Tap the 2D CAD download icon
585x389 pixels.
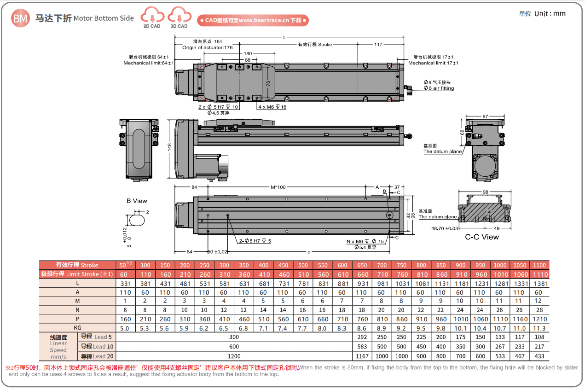(x=152, y=17)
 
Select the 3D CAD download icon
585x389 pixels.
(x=179, y=17)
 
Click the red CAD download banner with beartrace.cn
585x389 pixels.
(x=253, y=20)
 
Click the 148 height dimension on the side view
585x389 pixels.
(x=169, y=147)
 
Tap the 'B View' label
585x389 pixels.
(x=137, y=201)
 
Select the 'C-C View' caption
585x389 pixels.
(x=482, y=237)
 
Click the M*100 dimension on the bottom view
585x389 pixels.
(x=278, y=187)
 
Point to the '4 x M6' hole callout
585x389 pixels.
(x=272, y=107)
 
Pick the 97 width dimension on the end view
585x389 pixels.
(x=485, y=117)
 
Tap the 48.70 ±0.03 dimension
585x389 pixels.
(x=445, y=228)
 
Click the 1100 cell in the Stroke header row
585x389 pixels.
(x=539, y=265)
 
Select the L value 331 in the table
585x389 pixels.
(x=126, y=284)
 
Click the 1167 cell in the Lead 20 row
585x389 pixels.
(x=363, y=356)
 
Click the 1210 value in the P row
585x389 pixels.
(x=539, y=319)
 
